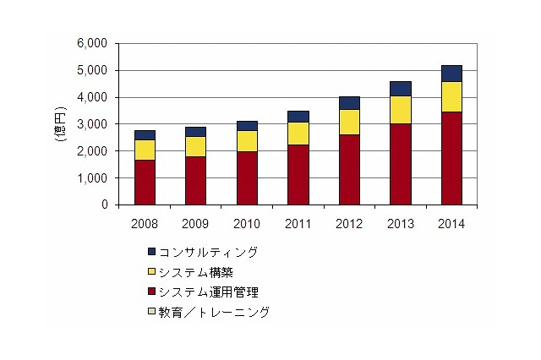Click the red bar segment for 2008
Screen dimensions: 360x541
145,182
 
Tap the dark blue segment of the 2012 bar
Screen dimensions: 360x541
349,102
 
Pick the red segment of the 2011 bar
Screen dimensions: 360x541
298,175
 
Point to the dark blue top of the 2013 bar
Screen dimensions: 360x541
401,89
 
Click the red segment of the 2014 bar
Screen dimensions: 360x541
451,158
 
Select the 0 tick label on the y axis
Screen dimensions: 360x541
106,205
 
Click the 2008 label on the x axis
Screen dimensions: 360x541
145,224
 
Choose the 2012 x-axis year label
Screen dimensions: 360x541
349,224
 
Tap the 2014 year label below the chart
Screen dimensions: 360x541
451,224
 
